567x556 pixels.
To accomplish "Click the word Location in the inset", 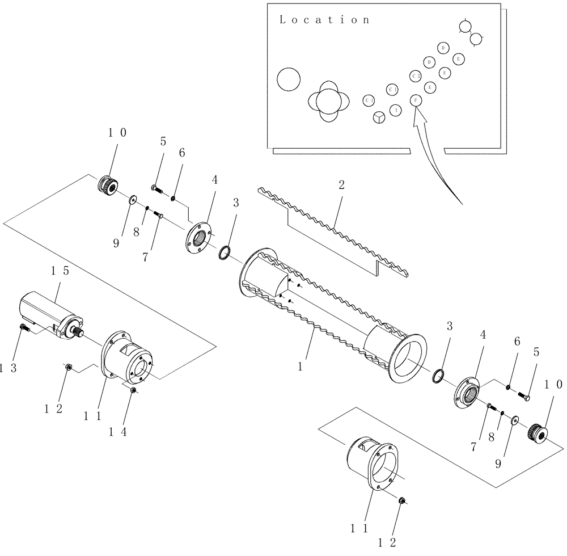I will tap(324, 20).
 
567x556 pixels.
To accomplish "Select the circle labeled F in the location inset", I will tap(416, 100).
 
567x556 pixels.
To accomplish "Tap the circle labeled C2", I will tap(416, 75).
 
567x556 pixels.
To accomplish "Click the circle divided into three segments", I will tap(379, 117).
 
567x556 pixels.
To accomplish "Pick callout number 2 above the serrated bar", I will tap(341, 186).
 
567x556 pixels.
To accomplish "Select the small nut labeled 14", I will tap(133, 390).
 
